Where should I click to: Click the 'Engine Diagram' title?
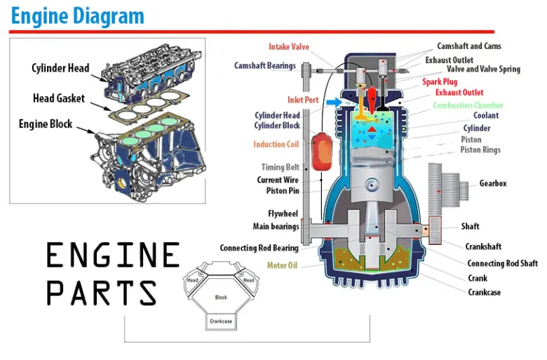pos(78,15)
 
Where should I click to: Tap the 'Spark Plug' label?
pos(440,82)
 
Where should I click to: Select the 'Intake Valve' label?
pos(288,47)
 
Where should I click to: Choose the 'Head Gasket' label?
pos(58,98)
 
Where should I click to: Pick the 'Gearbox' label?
pos(492,184)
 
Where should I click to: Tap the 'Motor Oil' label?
pos(282,266)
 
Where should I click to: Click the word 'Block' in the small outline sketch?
pos(221,297)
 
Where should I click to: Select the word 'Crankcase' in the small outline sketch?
pos(221,322)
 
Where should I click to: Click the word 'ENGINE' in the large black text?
pos(113,255)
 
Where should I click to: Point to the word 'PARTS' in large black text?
pos(101,292)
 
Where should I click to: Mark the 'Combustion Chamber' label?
pos(468,105)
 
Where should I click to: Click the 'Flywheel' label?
pos(283,213)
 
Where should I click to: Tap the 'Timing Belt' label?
pos(280,168)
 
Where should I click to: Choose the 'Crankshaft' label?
pos(483,246)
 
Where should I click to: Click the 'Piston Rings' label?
pos(480,150)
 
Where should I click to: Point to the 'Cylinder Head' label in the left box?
pos(60,68)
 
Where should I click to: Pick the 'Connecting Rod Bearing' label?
pos(259,248)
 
